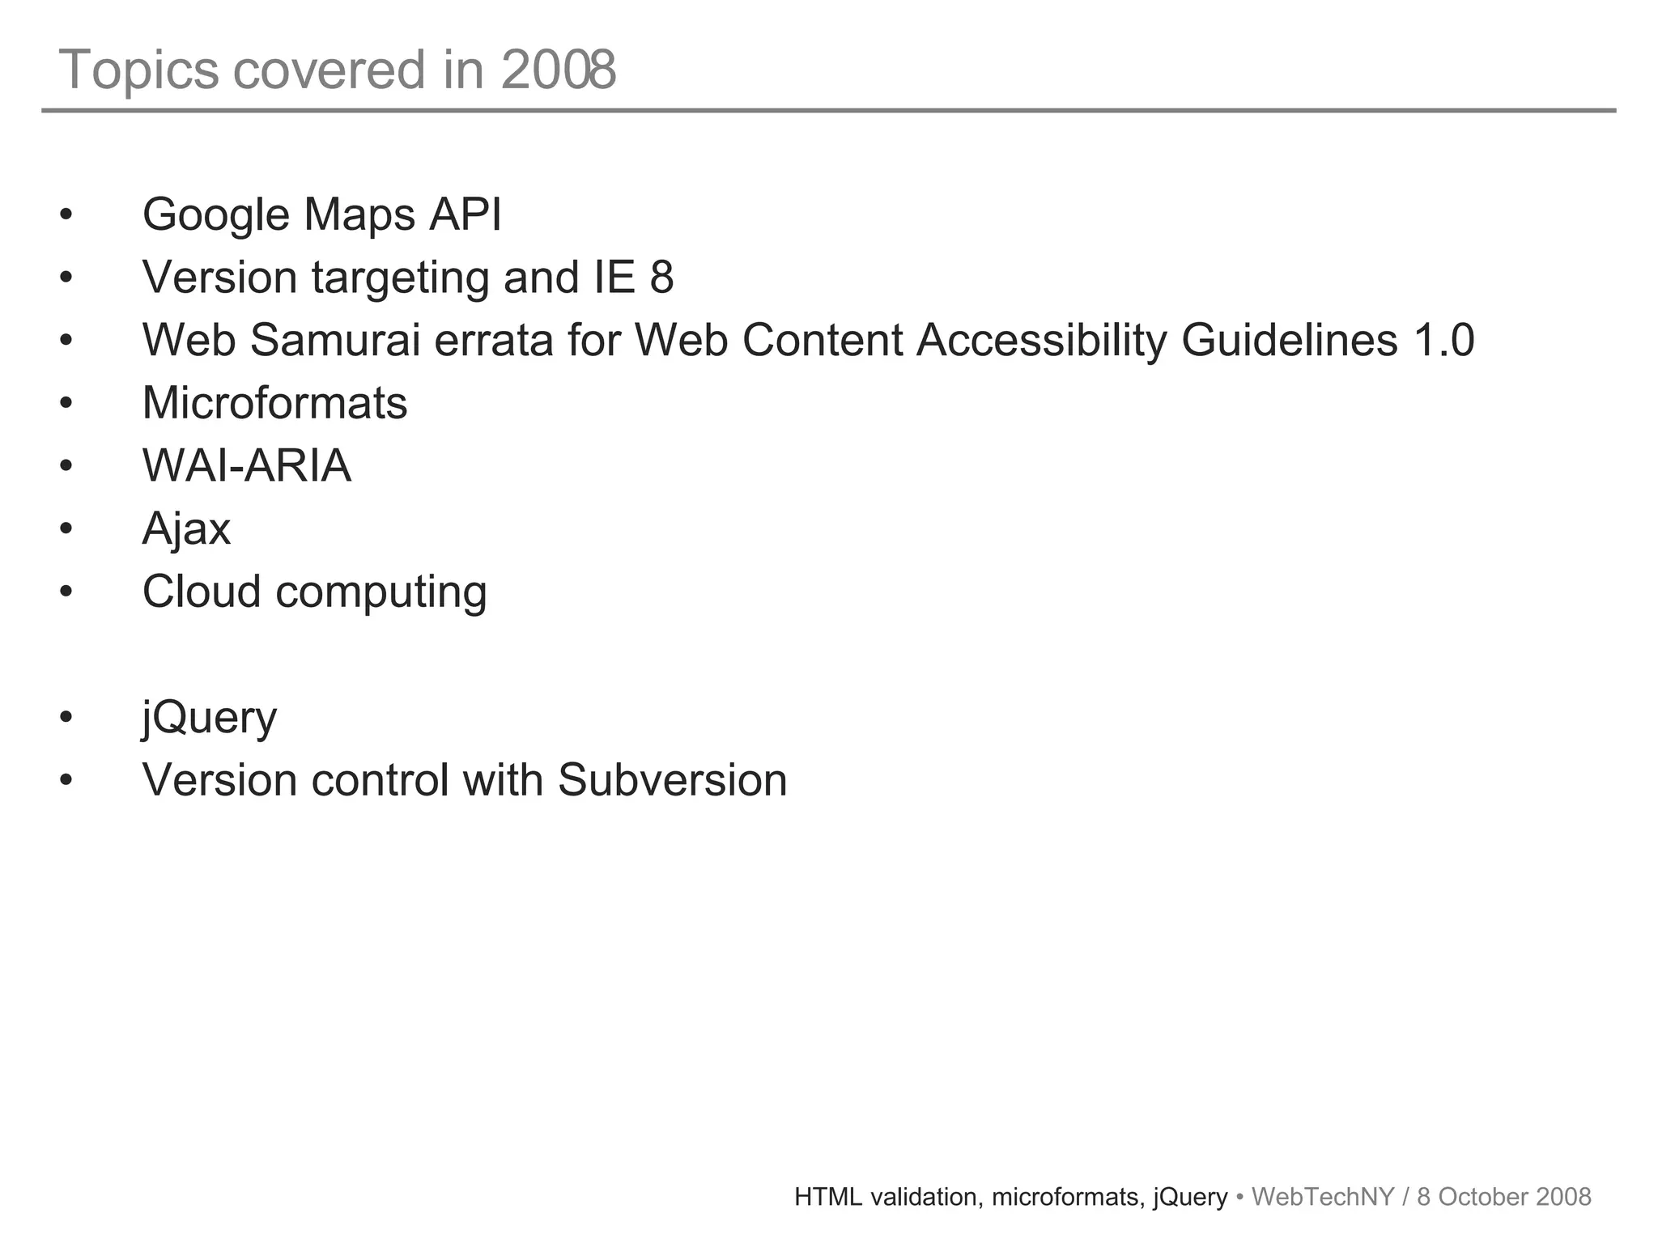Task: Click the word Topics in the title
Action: [138, 70]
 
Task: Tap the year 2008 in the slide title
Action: [559, 70]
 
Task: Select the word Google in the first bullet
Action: [215, 215]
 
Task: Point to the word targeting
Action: [400, 278]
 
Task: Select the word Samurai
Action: [335, 340]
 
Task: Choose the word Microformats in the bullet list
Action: [274, 403]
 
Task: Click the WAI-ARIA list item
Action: [247, 466]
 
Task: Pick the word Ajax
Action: [186, 529]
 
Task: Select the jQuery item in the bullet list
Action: [209, 718]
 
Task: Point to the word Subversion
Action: [672, 780]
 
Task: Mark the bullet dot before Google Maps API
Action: [66, 216]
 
